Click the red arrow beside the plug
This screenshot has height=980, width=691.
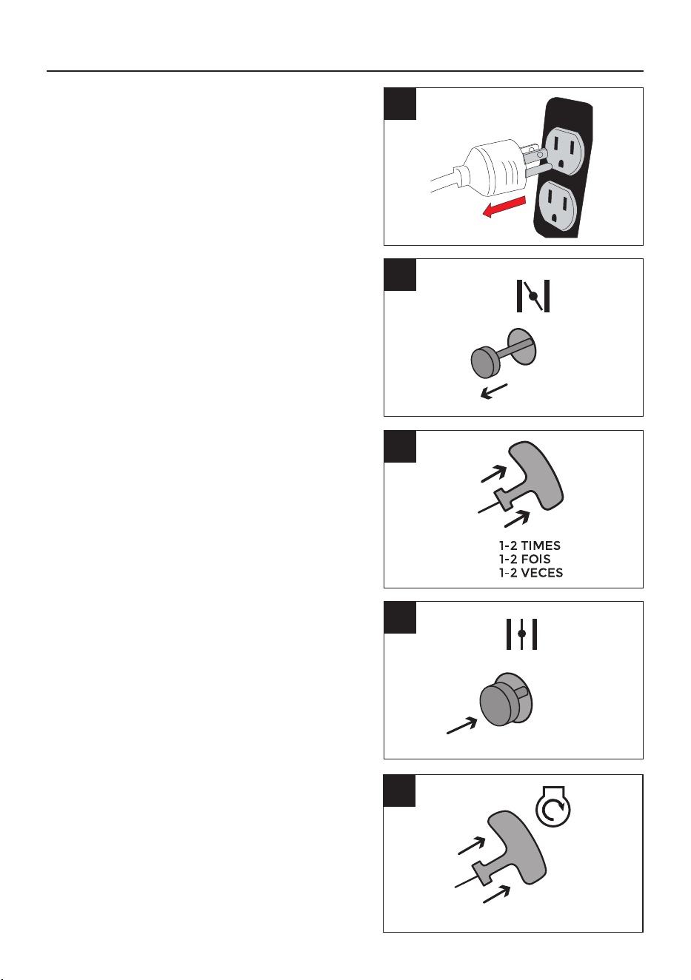pos(504,207)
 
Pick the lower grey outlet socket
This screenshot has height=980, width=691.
pos(557,207)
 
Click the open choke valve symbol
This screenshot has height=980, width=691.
pos(533,296)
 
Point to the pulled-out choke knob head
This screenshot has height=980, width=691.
pos(486,362)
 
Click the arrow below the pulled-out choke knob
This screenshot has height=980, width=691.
pos(494,391)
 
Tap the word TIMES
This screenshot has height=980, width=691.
pos(541,546)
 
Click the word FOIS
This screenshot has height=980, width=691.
pos(535,559)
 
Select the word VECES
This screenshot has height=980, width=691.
pos(542,573)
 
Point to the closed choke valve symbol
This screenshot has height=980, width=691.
pos(521,634)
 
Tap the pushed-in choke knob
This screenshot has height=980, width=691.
pos(506,699)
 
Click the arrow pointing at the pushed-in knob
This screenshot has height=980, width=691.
pos(461,725)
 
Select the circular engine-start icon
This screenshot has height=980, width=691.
pos(553,806)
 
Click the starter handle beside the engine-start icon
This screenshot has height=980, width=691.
pos(515,847)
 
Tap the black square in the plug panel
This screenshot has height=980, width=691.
pos(400,104)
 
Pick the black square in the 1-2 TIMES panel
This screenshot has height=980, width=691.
pos(400,446)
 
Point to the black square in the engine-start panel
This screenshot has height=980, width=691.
pos(399,790)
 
